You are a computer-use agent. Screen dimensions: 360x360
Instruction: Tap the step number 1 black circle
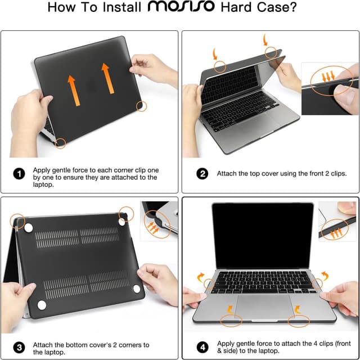19,174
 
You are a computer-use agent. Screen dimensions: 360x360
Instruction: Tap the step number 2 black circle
202,174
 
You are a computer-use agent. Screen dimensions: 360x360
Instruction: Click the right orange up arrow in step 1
105,78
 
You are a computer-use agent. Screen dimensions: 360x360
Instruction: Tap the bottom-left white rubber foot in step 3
41,305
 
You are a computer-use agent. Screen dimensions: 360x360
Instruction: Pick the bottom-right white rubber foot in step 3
136,289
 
